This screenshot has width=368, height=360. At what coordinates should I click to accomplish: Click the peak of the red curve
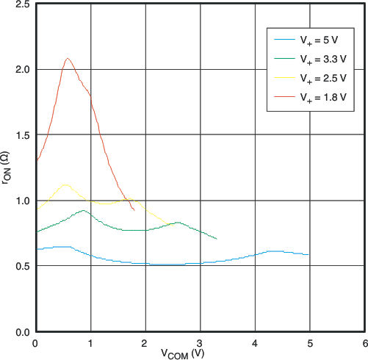click(68, 59)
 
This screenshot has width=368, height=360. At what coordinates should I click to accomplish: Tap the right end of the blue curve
click(309, 255)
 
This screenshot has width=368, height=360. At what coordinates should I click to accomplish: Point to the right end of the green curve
click(217, 239)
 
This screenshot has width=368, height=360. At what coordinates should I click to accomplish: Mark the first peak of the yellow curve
click(65, 185)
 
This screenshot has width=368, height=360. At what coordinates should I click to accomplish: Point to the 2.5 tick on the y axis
click(22, 4)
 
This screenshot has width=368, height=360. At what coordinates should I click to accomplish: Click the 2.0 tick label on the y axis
click(22, 70)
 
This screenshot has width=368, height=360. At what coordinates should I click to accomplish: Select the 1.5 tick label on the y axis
click(22, 135)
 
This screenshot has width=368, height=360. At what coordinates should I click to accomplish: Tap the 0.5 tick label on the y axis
click(22, 266)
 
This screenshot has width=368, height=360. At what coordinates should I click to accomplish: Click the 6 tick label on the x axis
click(364, 342)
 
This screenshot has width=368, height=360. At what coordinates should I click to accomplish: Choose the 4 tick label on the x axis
click(254, 342)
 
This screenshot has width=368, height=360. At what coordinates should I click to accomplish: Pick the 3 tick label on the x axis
click(200, 342)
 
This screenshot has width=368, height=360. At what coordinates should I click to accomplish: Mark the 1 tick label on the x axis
click(90, 342)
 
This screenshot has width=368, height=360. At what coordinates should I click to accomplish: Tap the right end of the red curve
click(134, 210)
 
